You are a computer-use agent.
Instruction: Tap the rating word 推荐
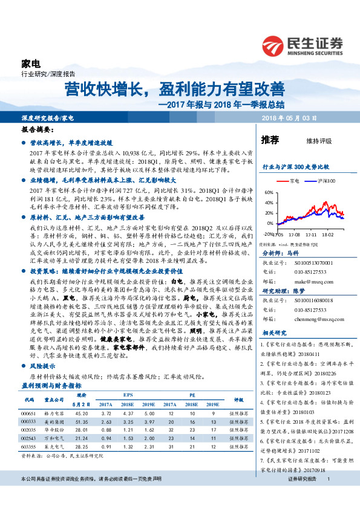click(270, 140)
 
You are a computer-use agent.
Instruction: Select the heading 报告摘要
click(38, 129)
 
